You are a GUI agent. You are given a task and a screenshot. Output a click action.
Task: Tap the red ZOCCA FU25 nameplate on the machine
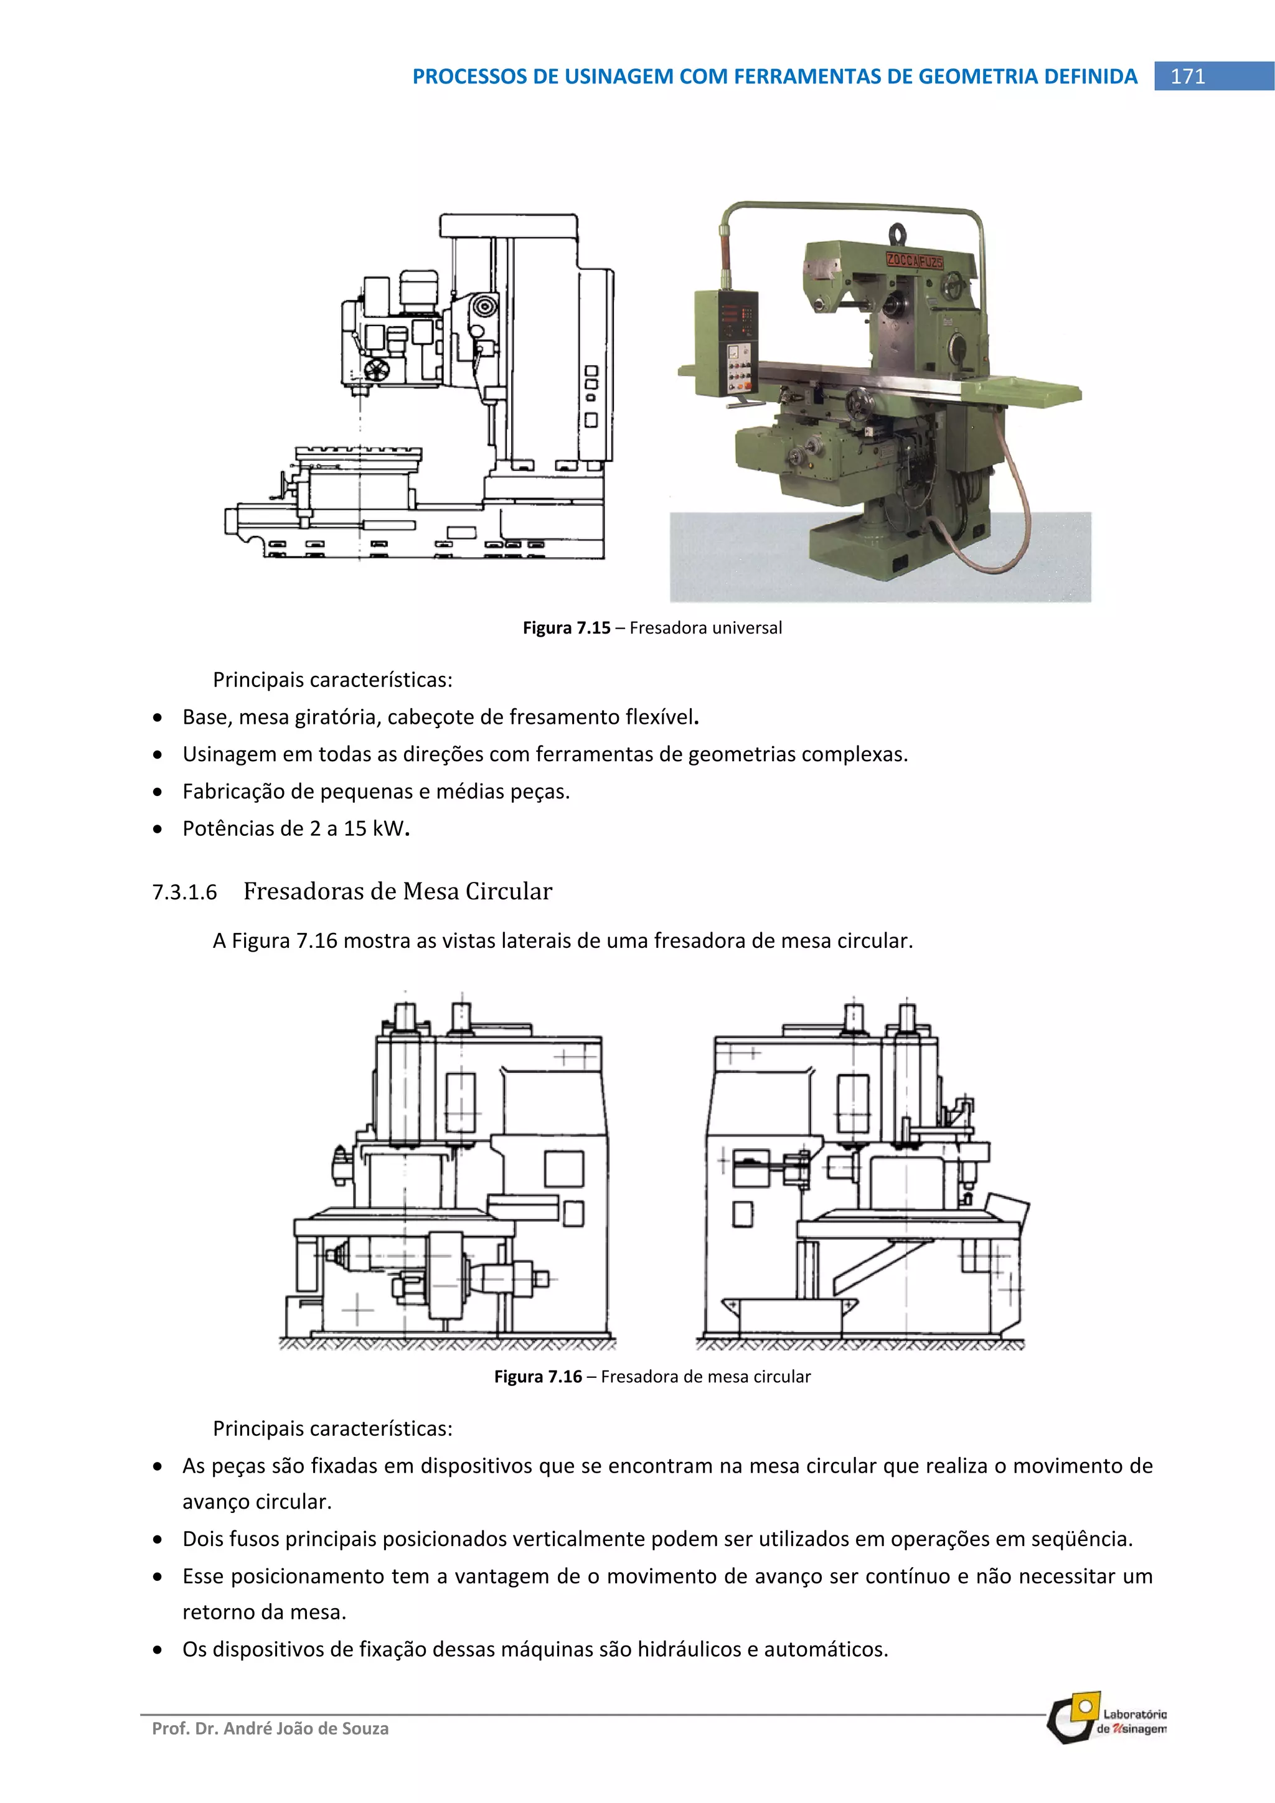pyautogui.click(x=914, y=261)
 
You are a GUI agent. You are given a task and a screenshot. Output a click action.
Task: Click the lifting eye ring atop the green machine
pyautogui.click(x=898, y=233)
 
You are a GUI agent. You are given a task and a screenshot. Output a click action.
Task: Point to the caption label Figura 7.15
pyautogui.click(x=567, y=627)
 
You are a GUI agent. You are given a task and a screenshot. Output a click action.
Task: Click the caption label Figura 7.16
pyautogui.click(x=538, y=1376)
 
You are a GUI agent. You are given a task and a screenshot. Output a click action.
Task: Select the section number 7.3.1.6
pyautogui.click(x=185, y=892)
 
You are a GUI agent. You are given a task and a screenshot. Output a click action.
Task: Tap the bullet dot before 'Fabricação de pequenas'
pyautogui.click(x=159, y=792)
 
